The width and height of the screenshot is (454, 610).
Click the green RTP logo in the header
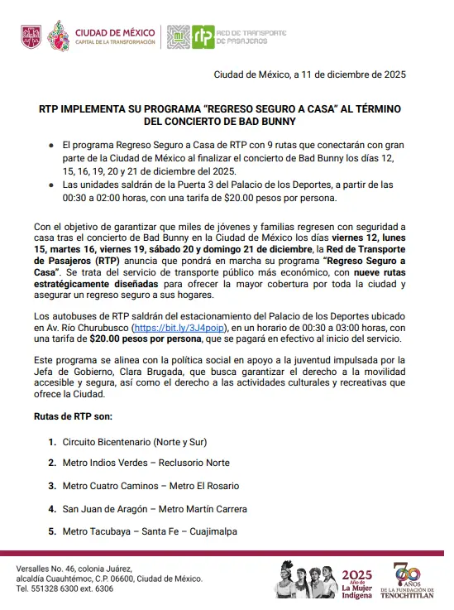click(203, 36)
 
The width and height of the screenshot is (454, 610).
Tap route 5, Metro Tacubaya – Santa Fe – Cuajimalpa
click(150, 531)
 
